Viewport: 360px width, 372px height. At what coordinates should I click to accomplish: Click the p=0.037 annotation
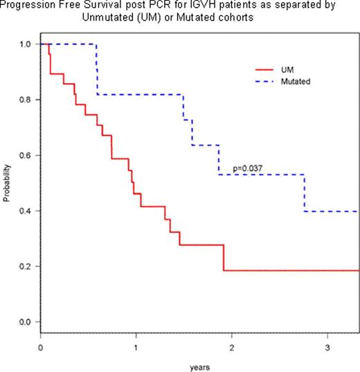[249, 168]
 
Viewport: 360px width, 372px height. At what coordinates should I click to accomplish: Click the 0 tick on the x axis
[41, 345]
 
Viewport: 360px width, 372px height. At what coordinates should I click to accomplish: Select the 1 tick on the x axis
[136, 345]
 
